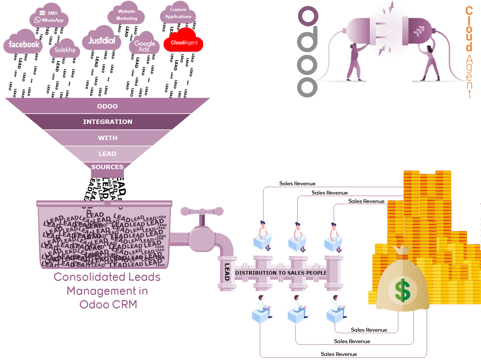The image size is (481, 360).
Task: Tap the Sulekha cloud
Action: tap(65, 50)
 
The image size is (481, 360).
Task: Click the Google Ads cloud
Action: tap(144, 46)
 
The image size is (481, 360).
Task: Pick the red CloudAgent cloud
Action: tap(184, 43)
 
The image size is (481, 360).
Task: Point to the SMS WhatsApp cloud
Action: tap(49, 17)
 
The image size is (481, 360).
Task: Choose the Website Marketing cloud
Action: tap(126, 15)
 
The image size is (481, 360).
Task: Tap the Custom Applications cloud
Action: tap(178, 13)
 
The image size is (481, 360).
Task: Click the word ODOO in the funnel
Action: tap(107, 106)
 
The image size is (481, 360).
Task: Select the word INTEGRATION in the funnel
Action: tap(107, 122)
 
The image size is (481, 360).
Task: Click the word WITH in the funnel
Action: tap(107, 138)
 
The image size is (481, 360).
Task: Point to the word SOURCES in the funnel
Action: tap(107, 167)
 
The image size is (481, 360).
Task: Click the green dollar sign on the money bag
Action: tap(403, 290)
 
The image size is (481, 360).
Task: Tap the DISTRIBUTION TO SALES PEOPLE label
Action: tap(281, 273)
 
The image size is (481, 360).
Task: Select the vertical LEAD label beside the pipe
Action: tap(227, 272)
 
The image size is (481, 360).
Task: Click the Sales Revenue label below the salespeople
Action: tap(369, 330)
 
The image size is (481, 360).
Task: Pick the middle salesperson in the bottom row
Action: tap(298, 310)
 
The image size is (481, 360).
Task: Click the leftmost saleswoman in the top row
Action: tap(263, 236)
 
